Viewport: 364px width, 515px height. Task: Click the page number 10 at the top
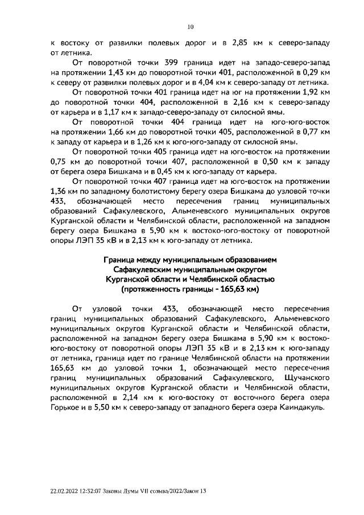click(191, 26)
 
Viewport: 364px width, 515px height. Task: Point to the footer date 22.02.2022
click(66, 493)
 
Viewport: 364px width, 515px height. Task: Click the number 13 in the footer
click(201, 493)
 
